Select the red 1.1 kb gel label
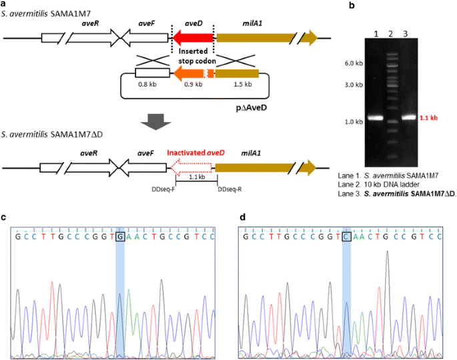coord(430,118)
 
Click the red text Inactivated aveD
coord(193,151)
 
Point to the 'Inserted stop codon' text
coord(193,55)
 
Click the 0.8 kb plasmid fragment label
coord(147,86)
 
